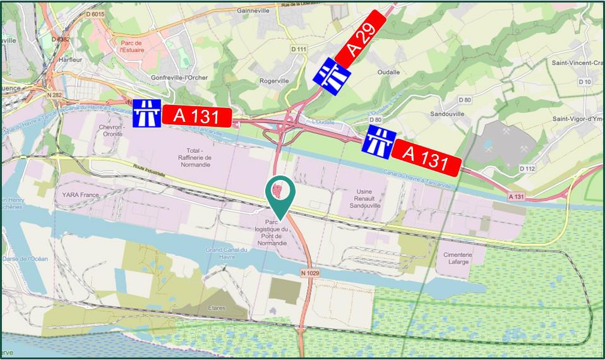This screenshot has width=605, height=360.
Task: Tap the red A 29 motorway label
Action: pos(361,39)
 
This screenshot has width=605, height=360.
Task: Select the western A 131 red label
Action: pos(196,116)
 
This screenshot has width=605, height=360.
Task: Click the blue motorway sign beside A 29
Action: pos(332,76)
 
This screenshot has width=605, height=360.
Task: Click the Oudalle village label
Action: pos(388,72)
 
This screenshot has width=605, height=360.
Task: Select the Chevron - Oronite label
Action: pos(109,130)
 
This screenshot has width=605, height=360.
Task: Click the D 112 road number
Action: pos(527,168)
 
